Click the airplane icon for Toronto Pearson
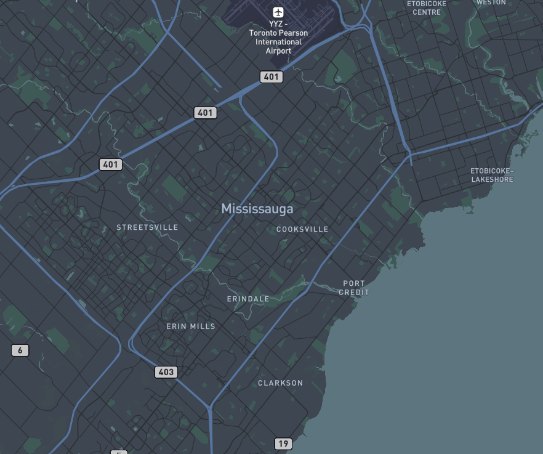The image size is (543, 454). [x=278, y=12]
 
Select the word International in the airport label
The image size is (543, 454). [x=279, y=42]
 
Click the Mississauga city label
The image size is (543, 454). [x=257, y=209]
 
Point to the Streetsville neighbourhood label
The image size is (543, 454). [x=147, y=227]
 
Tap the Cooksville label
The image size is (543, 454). [x=302, y=229]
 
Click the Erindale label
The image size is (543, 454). [x=248, y=299]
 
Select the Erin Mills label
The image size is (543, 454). [x=191, y=326]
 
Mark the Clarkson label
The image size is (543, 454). [x=280, y=383]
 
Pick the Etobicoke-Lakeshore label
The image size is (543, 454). [x=492, y=175]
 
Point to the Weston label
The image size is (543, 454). [x=491, y=2]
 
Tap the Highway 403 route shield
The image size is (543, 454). [x=166, y=372]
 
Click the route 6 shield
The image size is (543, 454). [x=20, y=351]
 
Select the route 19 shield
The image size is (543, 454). [x=283, y=444]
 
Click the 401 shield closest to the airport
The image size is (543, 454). [x=271, y=77]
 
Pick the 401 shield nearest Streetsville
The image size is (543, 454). [x=111, y=164]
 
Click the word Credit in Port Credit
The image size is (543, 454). [x=354, y=292]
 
